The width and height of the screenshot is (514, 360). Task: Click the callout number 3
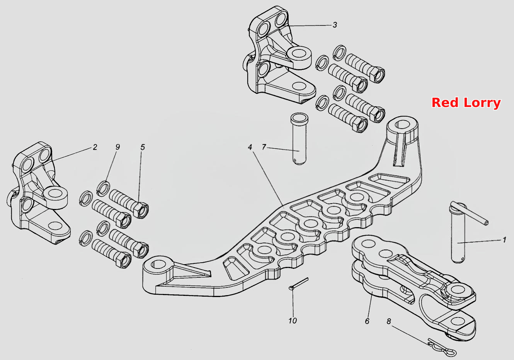pyautogui.click(x=335, y=25)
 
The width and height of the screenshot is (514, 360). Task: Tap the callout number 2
pyautogui.click(x=95, y=147)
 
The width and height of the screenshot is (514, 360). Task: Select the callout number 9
pyautogui.click(x=118, y=147)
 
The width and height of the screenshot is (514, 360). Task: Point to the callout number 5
pyautogui.click(x=143, y=147)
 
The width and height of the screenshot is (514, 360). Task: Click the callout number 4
pyautogui.click(x=250, y=147)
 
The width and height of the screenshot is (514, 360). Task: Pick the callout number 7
pyautogui.click(x=264, y=147)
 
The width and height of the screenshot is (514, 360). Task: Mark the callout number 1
pyautogui.click(x=504, y=240)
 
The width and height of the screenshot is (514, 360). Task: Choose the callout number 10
pyautogui.click(x=293, y=321)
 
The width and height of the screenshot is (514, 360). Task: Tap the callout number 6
pyautogui.click(x=367, y=321)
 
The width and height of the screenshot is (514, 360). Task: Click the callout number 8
pyautogui.click(x=389, y=321)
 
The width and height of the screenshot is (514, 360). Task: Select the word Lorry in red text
pyautogui.click(x=482, y=103)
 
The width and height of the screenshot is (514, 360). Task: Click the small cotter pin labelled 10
pyautogui.click(x=298, y=284)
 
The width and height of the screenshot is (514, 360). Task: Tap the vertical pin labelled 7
pyautogui.click(x=299, y=139)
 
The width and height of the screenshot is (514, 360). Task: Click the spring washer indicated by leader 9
pyautogui.click(x=103, y=188)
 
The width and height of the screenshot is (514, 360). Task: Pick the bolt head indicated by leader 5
pyautogui.click(x=140, y=210)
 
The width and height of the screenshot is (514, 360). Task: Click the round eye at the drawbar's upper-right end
pyautogui.click(x=402, y=126)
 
